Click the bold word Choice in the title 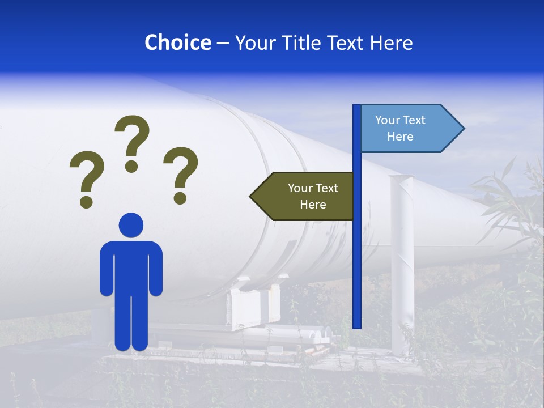[177, 42]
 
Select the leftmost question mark [87, 178]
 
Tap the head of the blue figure [131, 225]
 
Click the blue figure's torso [131, 266]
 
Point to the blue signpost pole [357, 255]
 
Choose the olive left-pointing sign [306, 196]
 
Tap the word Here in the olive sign [313, 205]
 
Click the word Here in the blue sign [400, 137]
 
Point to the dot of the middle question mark [131, 166]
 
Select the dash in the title [223, 42]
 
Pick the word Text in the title [347, 42]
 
